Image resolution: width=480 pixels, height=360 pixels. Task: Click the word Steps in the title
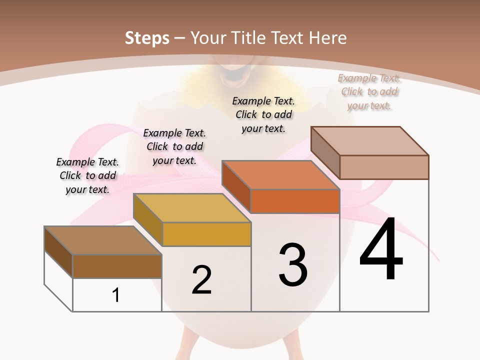(x=147, y=38)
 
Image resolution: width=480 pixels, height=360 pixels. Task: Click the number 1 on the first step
(x=116, y=295)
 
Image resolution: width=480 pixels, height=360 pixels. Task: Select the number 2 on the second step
(x=201, y=280)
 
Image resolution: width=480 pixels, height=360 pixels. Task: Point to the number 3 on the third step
(x=293, y=265)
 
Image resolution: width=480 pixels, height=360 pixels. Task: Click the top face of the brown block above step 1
(x=102, y=240)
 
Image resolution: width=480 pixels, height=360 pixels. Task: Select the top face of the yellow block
(x=191, y=208)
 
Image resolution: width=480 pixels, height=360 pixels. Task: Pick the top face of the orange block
(x=280, y=175)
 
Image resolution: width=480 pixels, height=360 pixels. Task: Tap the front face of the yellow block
(x=206, y=234)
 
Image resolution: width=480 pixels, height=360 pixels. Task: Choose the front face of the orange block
(x=295, y=201)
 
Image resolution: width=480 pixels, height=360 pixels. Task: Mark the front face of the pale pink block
(x=384, y=167)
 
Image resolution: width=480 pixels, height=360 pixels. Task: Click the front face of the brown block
(x=117, y=266)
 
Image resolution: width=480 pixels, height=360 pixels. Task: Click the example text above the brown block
(x=87, y=175)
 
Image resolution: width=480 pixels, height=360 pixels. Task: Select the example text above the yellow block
(x=174, y=146)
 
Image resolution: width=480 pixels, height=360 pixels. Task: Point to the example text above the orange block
(x=263, y=114)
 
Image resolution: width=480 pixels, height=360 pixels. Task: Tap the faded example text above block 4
(x=369, y=91)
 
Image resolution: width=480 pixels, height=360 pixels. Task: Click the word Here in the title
(x=328, y=38)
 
